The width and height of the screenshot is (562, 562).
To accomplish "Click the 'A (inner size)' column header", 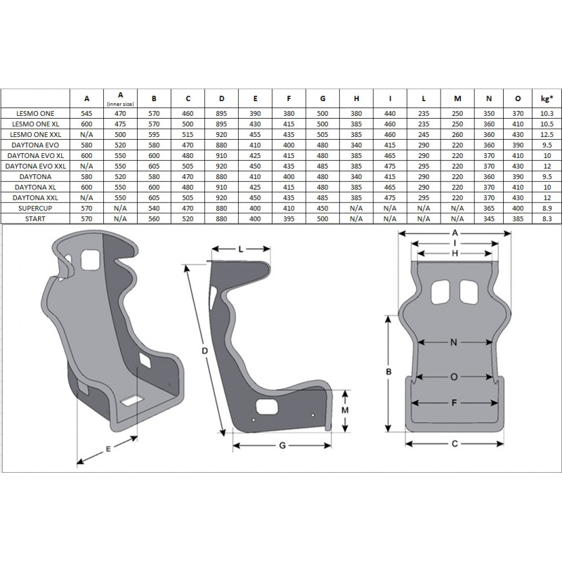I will point(121,98).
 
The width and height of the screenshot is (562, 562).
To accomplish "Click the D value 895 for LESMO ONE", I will point(222,112).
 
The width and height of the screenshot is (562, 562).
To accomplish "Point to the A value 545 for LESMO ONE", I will point(87,112).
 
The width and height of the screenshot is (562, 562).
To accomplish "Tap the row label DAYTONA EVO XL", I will point(36,155).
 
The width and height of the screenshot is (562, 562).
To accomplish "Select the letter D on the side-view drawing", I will point(204,349).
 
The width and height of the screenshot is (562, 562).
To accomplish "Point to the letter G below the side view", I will point(282,446).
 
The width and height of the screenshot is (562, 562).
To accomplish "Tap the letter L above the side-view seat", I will point(240,249).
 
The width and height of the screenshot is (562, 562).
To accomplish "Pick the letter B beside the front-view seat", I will point(388,371).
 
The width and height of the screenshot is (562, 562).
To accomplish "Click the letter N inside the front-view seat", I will point(454,342).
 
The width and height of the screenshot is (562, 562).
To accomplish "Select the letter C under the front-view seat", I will point(455,443).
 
